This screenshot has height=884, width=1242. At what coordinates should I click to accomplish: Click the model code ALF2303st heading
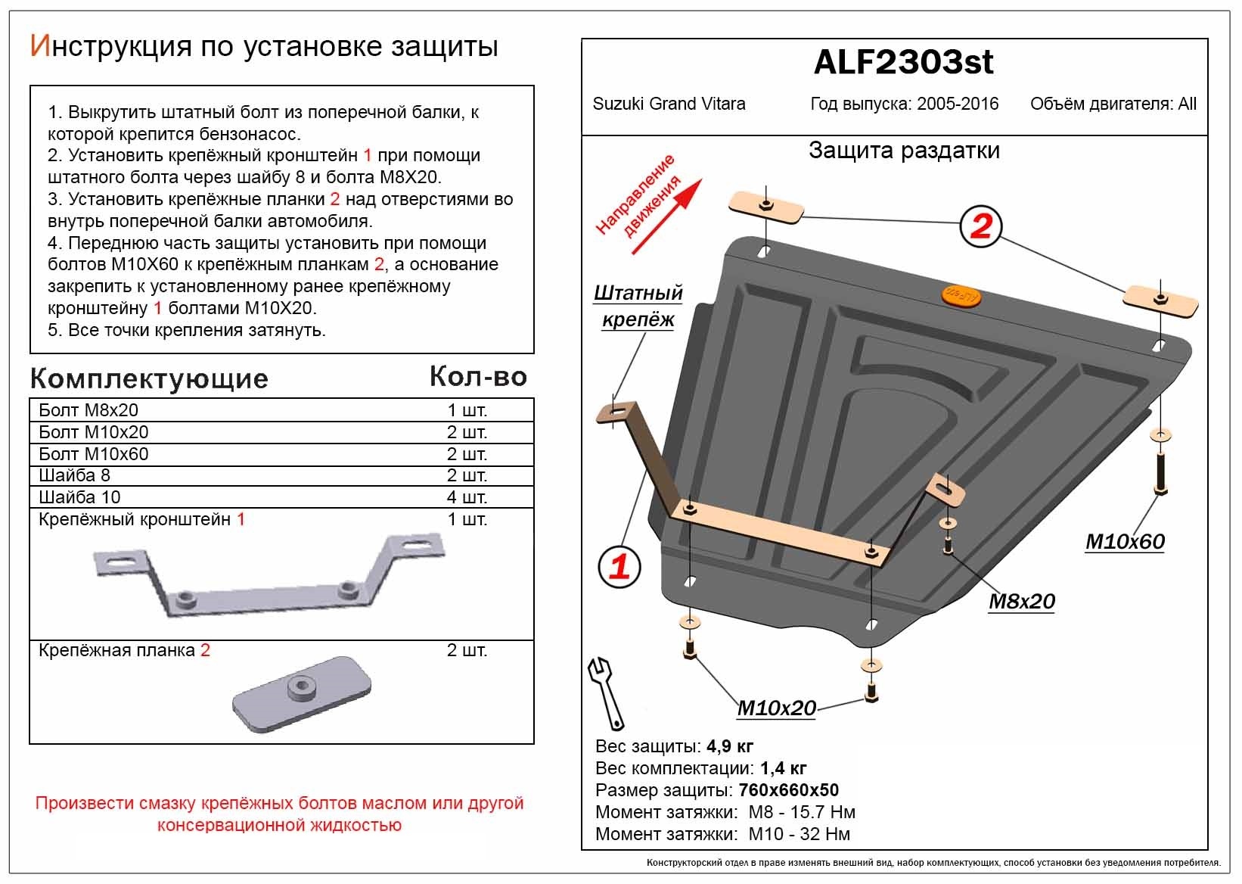pos(903,62)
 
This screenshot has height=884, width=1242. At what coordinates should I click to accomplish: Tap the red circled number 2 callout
pos(980,226)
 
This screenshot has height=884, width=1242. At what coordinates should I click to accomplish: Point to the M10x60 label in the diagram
pos(1125,541)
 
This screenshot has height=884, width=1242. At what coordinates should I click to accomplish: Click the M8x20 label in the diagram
pos(1021,601)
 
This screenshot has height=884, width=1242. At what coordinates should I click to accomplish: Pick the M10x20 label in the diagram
pos(776,708)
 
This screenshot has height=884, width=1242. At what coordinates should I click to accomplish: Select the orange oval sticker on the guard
pos(959,297)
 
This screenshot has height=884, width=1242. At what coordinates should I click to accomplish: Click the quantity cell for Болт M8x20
pos(467,410)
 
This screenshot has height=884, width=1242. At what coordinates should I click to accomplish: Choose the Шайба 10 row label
pos(79,497)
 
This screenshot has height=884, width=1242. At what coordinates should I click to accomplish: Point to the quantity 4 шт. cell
pos(467,497)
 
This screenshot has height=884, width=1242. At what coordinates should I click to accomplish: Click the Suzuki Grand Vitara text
pos(669,104)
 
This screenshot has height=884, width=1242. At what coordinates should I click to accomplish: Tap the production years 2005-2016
pos(958,104)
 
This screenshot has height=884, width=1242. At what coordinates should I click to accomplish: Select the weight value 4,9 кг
pos(730,747)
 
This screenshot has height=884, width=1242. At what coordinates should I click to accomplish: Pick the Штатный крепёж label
pos(638,306)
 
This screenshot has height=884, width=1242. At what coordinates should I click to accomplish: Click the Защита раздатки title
pos(904,151)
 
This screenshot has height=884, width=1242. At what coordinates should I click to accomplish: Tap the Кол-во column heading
pos(478,376)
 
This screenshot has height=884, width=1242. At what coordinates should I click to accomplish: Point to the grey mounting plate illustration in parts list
pos(302,694)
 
